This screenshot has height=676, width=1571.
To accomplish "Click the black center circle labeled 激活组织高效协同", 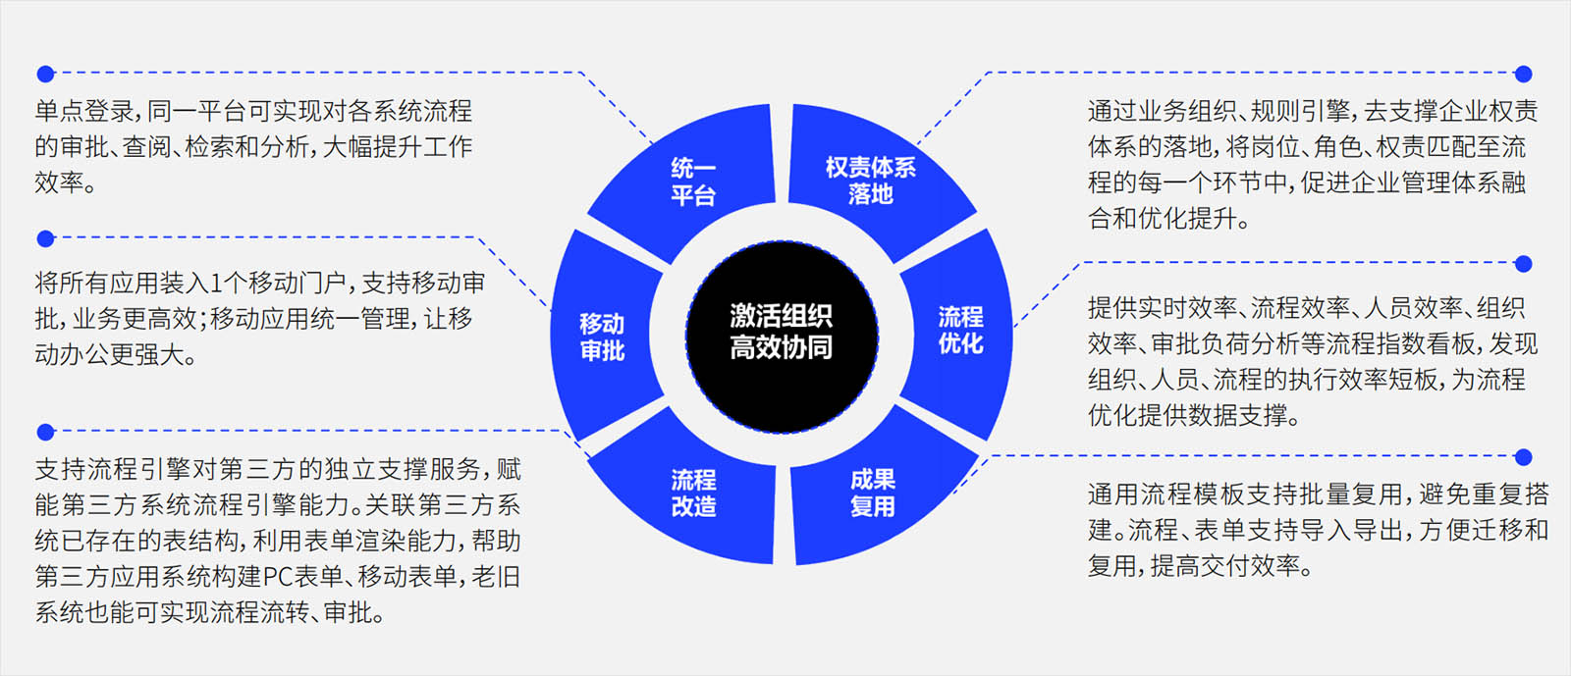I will point(782,334).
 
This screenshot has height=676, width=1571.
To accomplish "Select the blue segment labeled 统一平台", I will point(692,181).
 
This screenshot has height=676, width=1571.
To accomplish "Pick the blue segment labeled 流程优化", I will point(959,330).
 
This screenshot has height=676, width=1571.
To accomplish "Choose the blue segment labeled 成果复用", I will point(872,493).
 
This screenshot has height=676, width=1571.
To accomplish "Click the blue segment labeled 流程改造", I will point(693,493).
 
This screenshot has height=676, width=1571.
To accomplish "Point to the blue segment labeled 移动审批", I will point(602,337).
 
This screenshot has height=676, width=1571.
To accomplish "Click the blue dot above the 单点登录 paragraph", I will point(45,74).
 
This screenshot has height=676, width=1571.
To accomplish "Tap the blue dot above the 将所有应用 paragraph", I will point(45,238).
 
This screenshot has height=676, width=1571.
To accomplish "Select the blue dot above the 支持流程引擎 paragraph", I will point(45,432).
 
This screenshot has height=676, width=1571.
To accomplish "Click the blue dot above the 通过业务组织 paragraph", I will point(1523,74).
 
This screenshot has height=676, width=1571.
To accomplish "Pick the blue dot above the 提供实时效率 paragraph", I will point(1523,264).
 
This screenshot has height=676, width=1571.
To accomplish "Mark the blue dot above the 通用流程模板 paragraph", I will point(1523,457).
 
